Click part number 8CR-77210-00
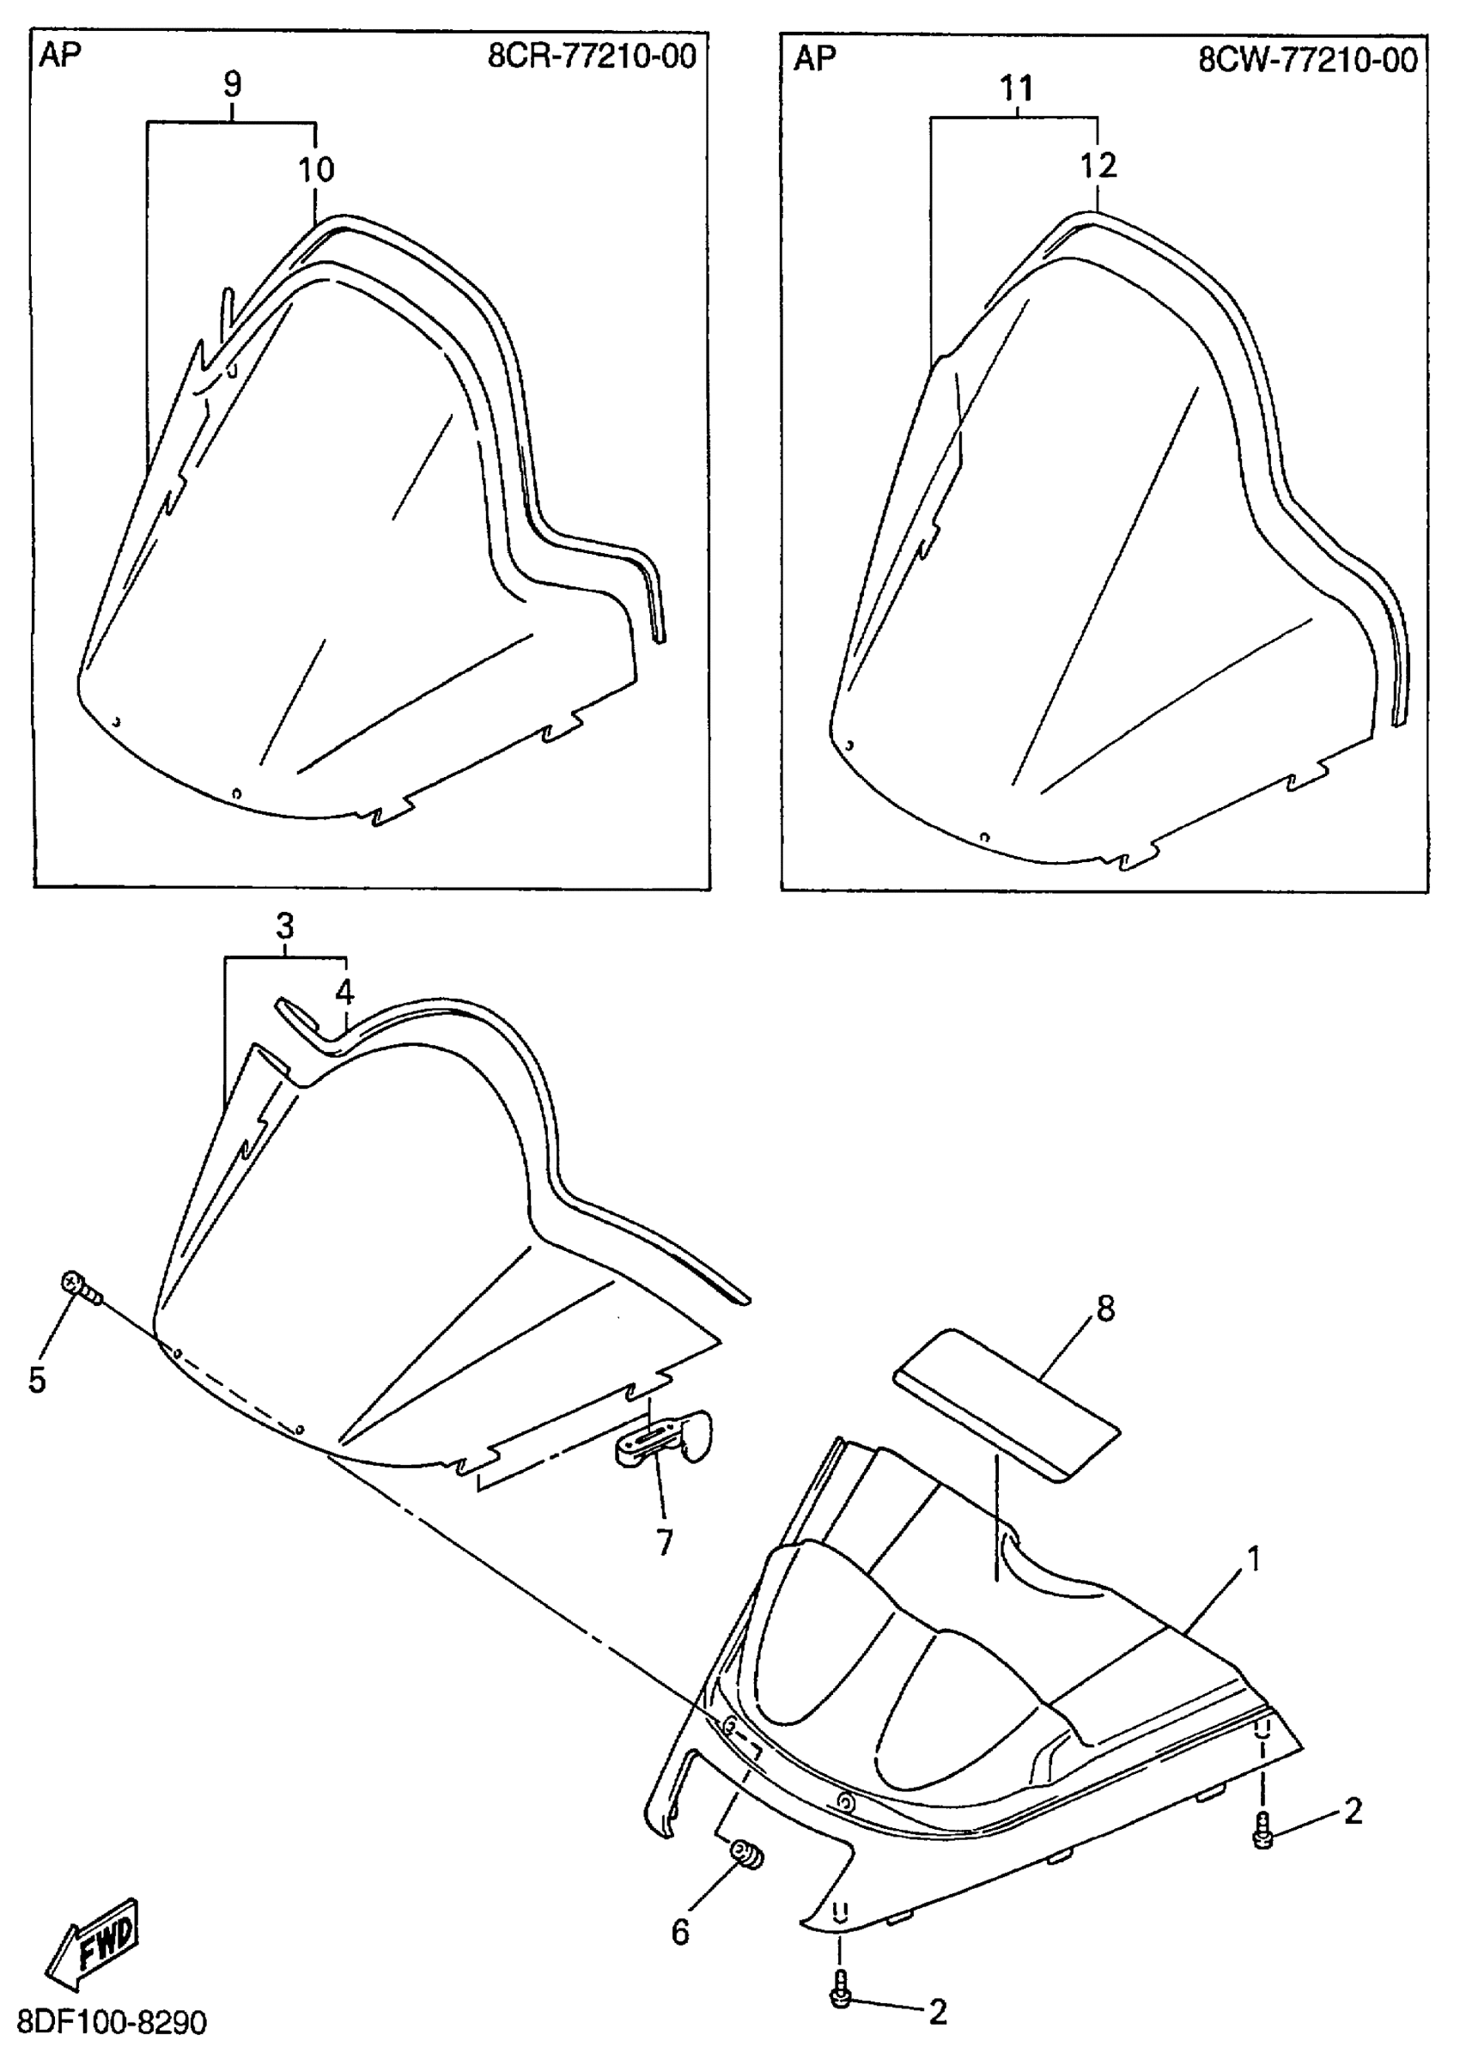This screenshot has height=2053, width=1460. [592, 57]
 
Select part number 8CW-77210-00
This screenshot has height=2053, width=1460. [1307, 59]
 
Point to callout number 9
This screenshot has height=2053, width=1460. [232, 84]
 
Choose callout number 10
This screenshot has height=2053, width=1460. [316, 168]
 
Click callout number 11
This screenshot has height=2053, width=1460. [1016, 88]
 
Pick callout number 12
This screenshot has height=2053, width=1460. [1098, 165]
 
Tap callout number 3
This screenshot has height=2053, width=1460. [284, 925]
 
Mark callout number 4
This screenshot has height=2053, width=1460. [345, 993]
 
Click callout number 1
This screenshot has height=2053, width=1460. [1251, 1559]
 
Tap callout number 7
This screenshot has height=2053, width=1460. [665, 1542]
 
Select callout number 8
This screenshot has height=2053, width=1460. [1105, 1309]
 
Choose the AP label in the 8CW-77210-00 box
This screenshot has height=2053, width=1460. [814, 58]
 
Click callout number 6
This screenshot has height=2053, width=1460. [680, 1931]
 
